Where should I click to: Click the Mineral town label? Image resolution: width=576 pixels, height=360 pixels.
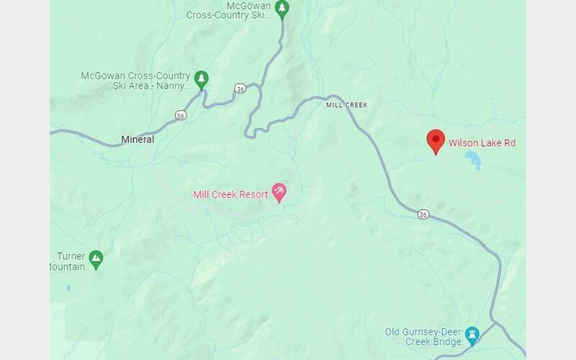tap(138, 140)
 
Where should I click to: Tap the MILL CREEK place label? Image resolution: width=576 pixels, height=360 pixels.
tap(346, 105)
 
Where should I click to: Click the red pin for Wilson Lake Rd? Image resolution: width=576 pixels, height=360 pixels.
tap(435, 141)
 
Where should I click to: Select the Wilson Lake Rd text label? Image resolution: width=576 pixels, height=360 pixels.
tap(482, 143)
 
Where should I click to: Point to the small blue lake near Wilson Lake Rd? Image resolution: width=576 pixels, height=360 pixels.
tap(473, 159)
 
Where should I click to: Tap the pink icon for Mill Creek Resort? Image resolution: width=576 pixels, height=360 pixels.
tap(279, 192)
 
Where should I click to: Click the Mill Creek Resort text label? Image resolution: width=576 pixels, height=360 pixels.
tap(230, 194)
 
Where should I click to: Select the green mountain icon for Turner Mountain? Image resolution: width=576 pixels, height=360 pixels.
tap(96, 257)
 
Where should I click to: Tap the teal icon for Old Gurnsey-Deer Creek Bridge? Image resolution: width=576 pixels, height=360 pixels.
tap(472, 333)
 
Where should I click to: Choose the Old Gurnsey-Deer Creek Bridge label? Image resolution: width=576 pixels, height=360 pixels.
tap(423, 337)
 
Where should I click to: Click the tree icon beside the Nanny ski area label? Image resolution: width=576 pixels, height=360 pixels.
tap(202, 78)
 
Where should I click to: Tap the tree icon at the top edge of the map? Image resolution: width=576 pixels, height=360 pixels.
tap(282, 9)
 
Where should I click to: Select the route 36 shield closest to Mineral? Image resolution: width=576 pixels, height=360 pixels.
tap(180, 114)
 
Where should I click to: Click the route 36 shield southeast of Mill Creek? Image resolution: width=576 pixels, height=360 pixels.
tap(423, 214)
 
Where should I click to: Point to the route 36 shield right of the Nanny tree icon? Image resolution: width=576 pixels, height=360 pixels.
tap(240, 89)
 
